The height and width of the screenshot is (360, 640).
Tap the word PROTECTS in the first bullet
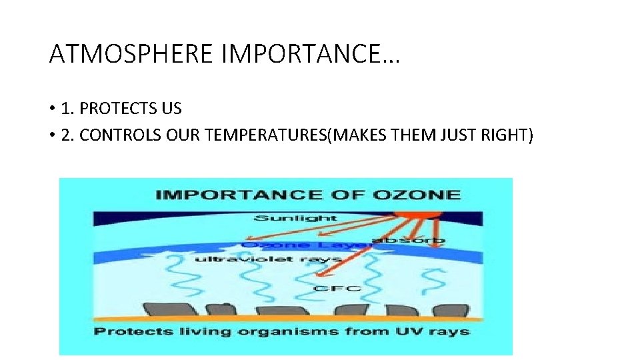click(x=119, y=108)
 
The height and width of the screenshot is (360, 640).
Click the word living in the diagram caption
click(x=194, y=331)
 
